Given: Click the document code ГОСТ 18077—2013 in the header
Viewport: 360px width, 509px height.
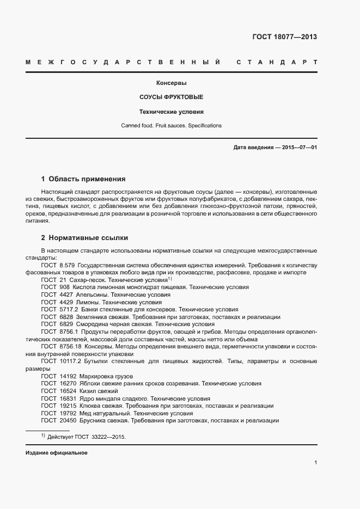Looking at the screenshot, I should click(x=284, y=37).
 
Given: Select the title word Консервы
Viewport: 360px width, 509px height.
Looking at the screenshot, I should click(x=172, y=83).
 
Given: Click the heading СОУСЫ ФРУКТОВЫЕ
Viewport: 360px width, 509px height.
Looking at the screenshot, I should click(x=172, y=97).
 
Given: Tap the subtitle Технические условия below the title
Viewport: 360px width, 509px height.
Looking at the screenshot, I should click(x=172, y=112).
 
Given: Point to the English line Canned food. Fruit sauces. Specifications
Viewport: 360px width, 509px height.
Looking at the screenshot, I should click(x=172, y=126).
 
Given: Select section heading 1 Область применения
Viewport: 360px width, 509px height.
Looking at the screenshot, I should click(x=83, y=179).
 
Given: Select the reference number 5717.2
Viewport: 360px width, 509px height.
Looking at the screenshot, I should click(x=69, y=309).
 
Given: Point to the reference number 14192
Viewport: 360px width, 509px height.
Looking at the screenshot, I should click(x=68, y=376).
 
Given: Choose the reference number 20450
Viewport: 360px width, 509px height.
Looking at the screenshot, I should click(x=68, y=421).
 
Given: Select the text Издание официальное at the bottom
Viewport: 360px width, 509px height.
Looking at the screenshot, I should click(x=57, y=453).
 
